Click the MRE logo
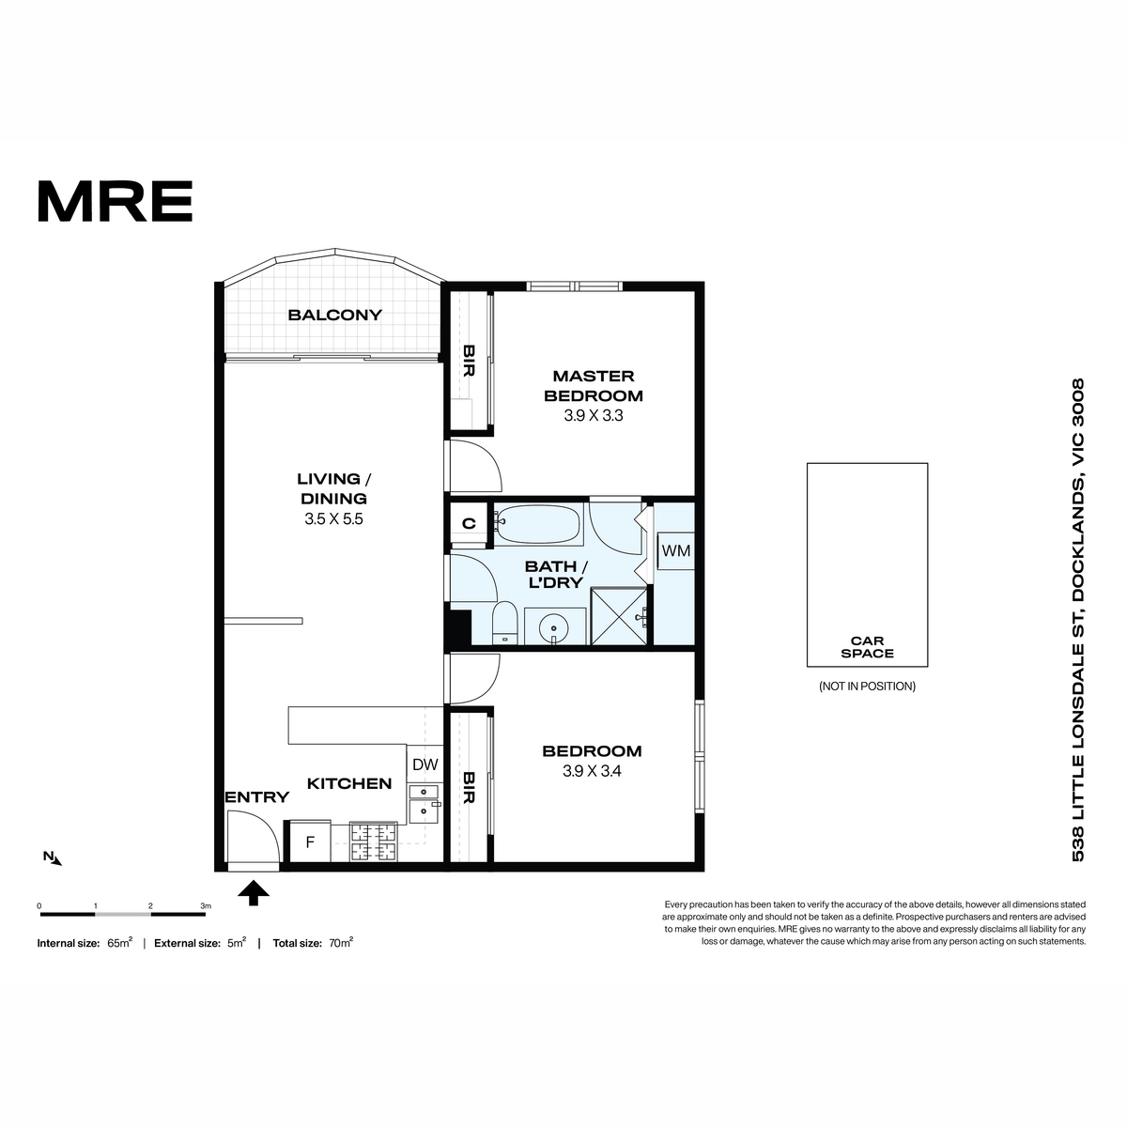(116, 201)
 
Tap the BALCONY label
(334, 316)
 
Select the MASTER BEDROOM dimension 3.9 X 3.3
(593, 415)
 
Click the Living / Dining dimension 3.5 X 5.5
(333, 518)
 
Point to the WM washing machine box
(675, 551)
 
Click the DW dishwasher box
(425, 764)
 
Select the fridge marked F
(311, 841)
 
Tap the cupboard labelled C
(469, 523)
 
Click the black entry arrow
(254, 893)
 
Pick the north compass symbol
(53, 858)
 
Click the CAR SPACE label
(868, 647)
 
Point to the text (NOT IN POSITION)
(868, 686)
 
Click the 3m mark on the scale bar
(206, 906)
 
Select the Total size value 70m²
(341, 943)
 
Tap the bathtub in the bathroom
(537, 525)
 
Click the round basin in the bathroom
(553, 630)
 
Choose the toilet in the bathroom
(505, 624)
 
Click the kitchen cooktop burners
(374, 842)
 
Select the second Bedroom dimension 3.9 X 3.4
(592, 771)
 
